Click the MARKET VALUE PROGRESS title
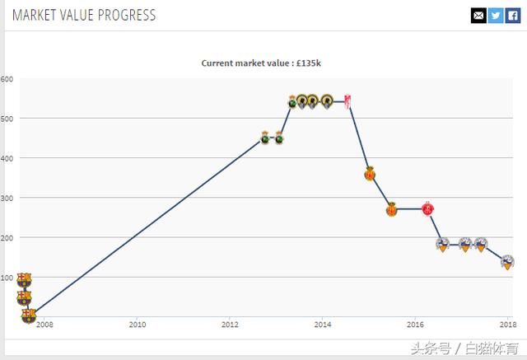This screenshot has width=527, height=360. click(x=83, y=15)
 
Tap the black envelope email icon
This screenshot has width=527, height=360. click(x=478, y=15)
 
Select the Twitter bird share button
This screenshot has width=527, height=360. click(x=496, y=15)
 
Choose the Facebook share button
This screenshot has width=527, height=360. click(x=512, y=15)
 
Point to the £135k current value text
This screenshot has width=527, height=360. click(x=316, y=63)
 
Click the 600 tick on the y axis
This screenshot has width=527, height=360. click(x=7, y=79)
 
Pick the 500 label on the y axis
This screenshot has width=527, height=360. click(x=7, y=119)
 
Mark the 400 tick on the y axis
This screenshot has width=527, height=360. click(x=7, y=158)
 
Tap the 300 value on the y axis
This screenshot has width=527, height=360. click(x=7, y=199)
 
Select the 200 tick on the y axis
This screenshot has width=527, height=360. click(x=7, y=238)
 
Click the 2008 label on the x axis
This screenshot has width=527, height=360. click(x=44, y=325)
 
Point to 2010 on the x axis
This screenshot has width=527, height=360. click(x=137, y=325)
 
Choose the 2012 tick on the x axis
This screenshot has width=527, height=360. click(x=230, y=325)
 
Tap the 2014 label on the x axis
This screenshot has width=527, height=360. click(x=322, y=325)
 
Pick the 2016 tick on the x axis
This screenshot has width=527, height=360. click(x=415, y=325)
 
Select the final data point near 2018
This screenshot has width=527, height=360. click(x=507, y=263)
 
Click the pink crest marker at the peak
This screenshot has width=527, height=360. click(x=348, y=101)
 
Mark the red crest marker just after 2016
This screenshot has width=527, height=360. click(x=428, y=209)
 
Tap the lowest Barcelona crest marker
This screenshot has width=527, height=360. click(x=29, y=316)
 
